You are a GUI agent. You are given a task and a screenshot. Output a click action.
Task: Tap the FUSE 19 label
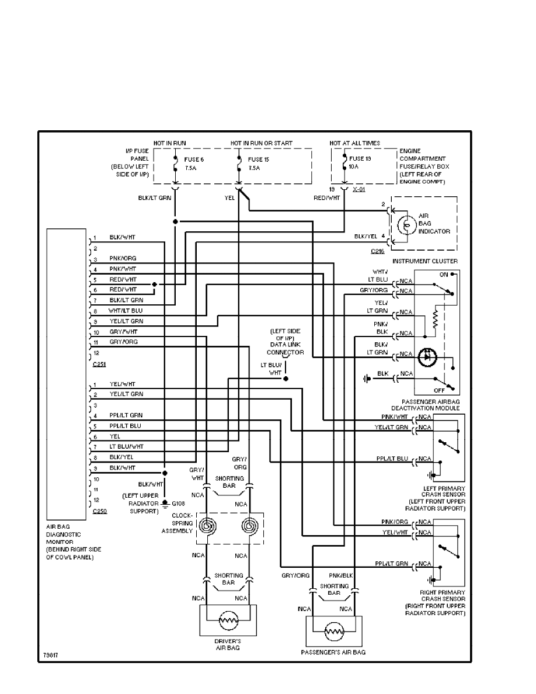361,158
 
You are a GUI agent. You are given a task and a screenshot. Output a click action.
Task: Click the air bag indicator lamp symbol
403,225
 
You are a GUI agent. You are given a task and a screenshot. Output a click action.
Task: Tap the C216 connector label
377,251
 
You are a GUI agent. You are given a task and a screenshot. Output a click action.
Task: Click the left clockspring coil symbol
207,528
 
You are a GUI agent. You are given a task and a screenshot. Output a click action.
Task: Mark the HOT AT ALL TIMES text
354,143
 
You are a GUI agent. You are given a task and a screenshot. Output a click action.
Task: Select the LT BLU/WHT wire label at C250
126,446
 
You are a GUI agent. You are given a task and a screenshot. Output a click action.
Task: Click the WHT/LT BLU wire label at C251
126,310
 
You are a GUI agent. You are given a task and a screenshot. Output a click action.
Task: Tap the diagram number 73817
51,655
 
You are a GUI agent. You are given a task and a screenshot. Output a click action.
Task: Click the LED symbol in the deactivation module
427,355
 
